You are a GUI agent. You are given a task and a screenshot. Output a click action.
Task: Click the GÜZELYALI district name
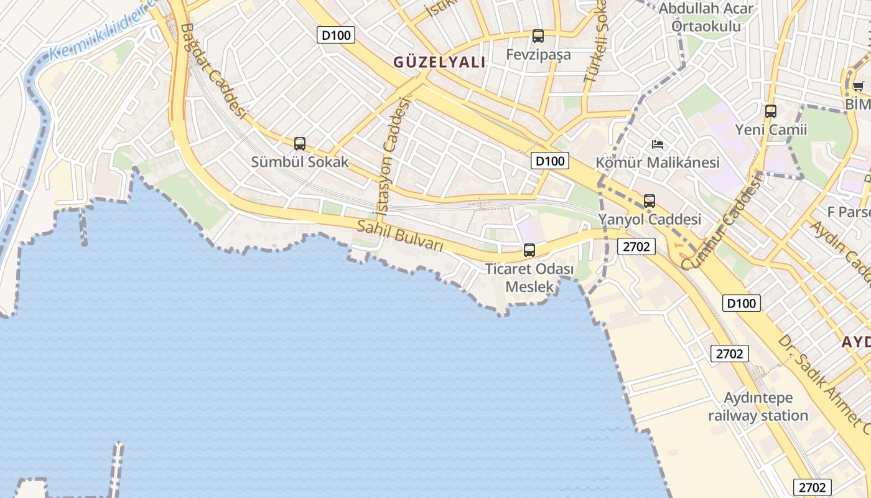click(x=439, y=62)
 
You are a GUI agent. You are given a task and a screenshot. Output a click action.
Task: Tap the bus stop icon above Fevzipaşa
click(x=538, y=36)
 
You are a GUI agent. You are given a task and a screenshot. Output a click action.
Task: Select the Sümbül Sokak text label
click(x=300, y=162)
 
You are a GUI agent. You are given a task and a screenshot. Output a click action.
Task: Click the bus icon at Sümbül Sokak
click(x=300, y=144)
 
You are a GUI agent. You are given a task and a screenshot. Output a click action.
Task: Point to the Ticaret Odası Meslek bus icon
click(x=529, y=250)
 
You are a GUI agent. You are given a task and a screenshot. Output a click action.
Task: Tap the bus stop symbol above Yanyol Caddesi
click(x=650, y=201)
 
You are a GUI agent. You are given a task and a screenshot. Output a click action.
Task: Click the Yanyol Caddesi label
click(x=650, y=219)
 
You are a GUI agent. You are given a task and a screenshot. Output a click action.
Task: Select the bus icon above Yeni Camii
click(x=771, y=111)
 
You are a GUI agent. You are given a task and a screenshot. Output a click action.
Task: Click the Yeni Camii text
click(x=771, y=129)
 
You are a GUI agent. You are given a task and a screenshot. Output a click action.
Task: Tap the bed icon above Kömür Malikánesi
click(x=658, y=144)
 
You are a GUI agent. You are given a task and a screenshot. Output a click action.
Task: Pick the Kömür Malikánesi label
click(x=658, y=162)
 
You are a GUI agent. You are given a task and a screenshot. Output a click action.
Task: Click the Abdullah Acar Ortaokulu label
click(x=706, y=17)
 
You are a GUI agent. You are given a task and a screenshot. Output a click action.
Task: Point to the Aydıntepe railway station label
click(x=758, y=406)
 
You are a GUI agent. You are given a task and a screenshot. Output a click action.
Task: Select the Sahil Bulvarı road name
click(x=399, y=236)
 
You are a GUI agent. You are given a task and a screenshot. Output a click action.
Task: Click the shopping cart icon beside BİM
click(x=858, y=87)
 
